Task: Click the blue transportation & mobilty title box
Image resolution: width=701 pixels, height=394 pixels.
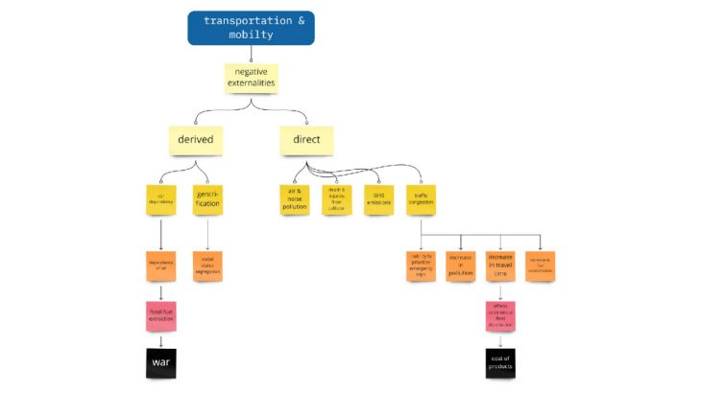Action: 251,28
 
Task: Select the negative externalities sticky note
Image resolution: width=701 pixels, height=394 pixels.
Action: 251,77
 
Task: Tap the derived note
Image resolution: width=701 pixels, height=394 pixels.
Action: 195,140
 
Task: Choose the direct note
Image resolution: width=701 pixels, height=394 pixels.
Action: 306,140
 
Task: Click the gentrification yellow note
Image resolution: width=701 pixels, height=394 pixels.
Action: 207,199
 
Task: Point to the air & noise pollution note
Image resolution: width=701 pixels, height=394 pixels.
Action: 294,199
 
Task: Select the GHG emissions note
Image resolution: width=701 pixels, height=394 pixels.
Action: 378,199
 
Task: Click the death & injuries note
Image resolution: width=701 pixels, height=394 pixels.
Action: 337,199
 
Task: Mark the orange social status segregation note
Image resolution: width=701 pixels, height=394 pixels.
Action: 207,266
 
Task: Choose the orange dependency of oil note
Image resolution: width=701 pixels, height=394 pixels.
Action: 161,266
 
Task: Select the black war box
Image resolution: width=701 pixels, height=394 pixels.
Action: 161,363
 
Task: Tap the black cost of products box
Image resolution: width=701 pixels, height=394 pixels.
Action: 500,362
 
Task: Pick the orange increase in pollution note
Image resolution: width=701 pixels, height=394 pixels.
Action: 461,266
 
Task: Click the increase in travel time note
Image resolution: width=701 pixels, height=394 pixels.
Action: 500,266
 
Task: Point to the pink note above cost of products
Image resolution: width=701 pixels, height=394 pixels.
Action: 500,315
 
